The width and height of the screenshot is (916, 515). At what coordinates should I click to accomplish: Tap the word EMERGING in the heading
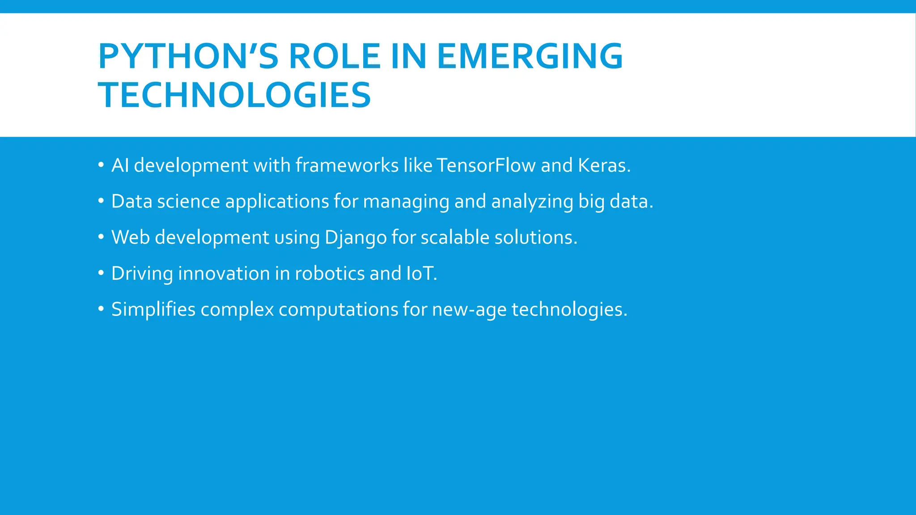pyautogui.click(x=530, y=56)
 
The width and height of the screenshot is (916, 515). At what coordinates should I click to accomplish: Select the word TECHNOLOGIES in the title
pyautogui.click(x=234, y=95)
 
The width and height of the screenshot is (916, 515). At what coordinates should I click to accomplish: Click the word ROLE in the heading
pyautogui.click(x=335, y=56)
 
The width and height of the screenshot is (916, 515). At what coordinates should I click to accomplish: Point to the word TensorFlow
pyautogui.click(x=486, y=165)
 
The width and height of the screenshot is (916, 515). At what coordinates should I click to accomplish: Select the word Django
pyautogui.click(x=356, y=237)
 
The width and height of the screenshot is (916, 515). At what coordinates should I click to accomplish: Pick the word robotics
pyautogui.click(x=330, y=274)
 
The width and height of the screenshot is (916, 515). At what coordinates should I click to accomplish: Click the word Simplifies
pyautogui.click(x=153, y=309)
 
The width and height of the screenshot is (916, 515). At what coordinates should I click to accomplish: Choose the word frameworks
pyautogui.click(x=347, y=165)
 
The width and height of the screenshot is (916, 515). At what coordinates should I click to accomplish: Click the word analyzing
pyautogui.click(x=532, y=202)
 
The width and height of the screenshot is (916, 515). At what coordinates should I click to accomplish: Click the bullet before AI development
pyautogui.click(x=101, y=165)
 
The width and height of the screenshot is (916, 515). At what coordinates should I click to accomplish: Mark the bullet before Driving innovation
pyautogui.click(x=101, y=272)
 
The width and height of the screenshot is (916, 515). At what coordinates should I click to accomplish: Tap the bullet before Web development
pyautogui.click(x=101, y=236)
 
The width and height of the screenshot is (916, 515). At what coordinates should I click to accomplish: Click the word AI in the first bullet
pyautogui.click(x=120, y=165)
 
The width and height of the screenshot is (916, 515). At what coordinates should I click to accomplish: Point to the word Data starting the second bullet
pyautogui.click(x=131, y=202)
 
